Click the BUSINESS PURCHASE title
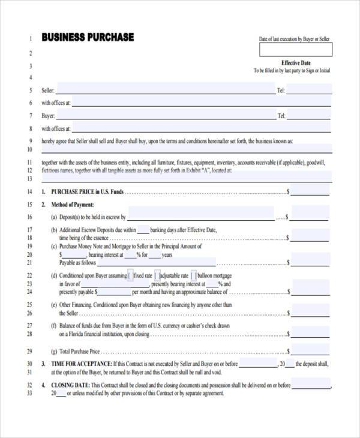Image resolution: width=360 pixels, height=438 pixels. tap(88, 37)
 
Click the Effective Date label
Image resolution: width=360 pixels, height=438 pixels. tap(296, 62)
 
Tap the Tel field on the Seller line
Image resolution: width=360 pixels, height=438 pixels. tap(309, 90)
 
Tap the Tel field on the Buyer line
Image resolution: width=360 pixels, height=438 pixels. tap(309, 116)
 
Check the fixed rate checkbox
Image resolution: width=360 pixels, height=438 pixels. tap(130, 275)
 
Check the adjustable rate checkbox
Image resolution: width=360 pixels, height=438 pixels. tap(157, 275)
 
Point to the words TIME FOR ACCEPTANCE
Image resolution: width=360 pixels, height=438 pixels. tap(81, 364)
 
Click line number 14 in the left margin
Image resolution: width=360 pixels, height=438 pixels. tap(29, 192)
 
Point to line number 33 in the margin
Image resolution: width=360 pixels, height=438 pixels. tap(29, 394)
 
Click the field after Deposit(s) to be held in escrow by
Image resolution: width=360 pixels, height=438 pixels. tap(200, 217)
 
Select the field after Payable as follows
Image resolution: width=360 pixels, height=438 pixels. tap(156, 262)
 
